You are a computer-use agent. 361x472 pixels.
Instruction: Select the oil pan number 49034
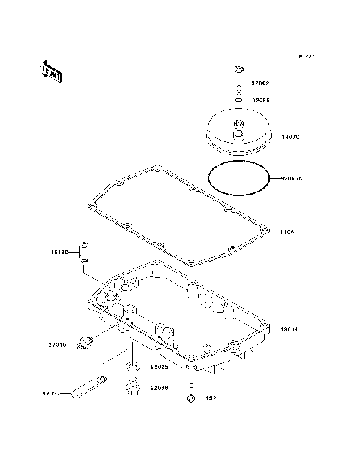[x=291, y=328]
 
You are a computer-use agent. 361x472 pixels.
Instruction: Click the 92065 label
[x=159, y=368]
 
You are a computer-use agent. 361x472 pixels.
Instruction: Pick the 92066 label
[x=159, y=388]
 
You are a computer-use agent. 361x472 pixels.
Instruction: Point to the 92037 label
[x=52, y=392]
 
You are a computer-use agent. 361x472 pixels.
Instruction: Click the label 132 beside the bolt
[x=212, y=397]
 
